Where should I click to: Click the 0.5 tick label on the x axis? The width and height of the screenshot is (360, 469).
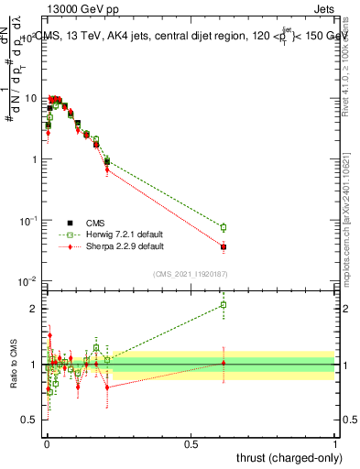click(191, 444)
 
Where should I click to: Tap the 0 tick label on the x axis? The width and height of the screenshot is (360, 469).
click(46, 444)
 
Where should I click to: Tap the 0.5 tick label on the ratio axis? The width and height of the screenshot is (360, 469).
click(30, 420)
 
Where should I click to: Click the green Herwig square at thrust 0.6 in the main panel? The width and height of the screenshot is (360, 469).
click(223, 227)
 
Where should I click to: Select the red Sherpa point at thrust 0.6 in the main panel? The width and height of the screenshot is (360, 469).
click(223, 247)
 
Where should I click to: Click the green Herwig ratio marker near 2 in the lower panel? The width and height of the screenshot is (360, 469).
click(223, 305)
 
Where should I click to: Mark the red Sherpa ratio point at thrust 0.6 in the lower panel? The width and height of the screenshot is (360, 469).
click(223, 363)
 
